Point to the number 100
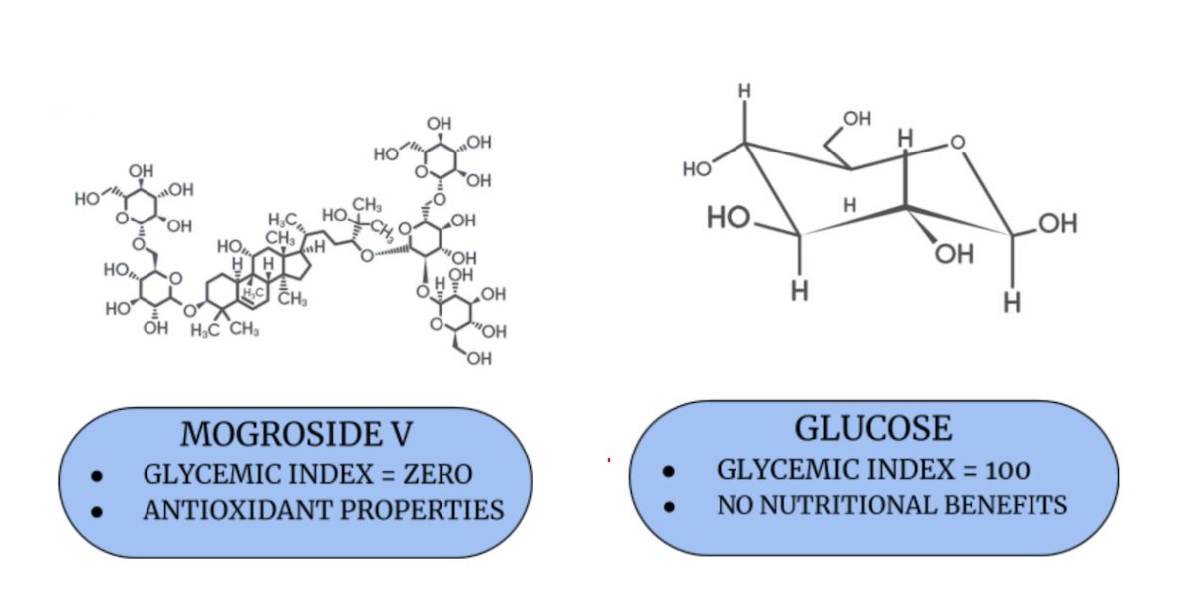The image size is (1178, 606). pos(1005,469)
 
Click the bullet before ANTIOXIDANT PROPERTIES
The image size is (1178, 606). pos(97,512)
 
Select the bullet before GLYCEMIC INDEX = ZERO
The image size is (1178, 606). pos(97,476)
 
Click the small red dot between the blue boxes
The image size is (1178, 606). pos(608,460)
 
